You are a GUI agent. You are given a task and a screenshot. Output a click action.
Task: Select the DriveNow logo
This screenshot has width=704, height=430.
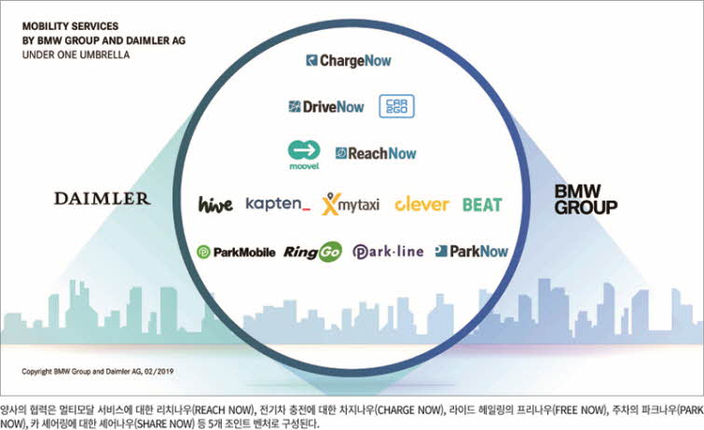pyautogui.click(x=326, y=106)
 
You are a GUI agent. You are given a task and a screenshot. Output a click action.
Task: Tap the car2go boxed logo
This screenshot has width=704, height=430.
pyautogui.click(x=396, y=106)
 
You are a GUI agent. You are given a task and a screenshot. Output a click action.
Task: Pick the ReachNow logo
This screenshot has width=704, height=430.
pyautogui.click(x=376, y=153)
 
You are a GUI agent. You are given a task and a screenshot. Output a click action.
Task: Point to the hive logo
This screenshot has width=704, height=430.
pyautogui.click(x=215, y=203)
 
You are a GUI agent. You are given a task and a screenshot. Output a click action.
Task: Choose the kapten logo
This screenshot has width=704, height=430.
pyautogui.click(x=278, y=203)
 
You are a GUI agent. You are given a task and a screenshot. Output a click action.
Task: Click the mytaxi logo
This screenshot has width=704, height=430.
pyautogui.click(x=352, y=203)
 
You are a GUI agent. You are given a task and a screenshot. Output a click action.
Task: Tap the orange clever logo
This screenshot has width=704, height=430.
pyautogui.click(x=421, y=203)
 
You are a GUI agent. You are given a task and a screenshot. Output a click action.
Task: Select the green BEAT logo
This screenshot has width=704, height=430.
pyautogui.click(x=482, y=203)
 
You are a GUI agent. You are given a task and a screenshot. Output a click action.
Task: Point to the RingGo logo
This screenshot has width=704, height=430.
pyautogui.click(x=312, y=251)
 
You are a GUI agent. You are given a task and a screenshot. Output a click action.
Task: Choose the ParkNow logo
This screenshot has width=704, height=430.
pyautogui.click(x=472, y=251)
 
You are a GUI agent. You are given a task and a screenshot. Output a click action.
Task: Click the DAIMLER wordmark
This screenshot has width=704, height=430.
pyautogui.click(x=102, y=199)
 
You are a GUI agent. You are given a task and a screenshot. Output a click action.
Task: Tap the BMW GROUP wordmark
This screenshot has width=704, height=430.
pyautogui.click(x=586, y=199)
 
